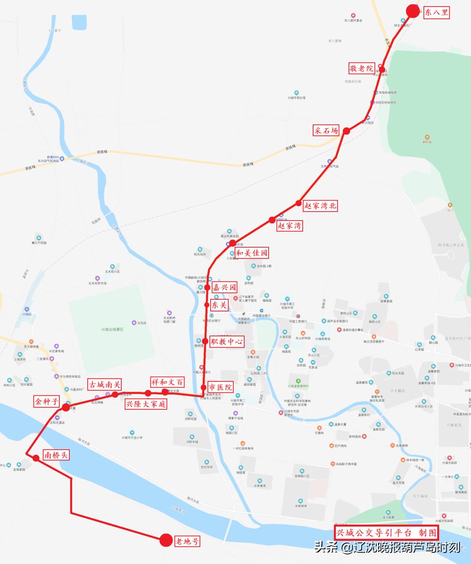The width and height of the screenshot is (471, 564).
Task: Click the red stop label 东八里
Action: point(436,12)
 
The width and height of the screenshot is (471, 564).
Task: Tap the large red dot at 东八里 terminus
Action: point(412,11)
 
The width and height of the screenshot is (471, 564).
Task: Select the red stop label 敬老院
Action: point(362,69)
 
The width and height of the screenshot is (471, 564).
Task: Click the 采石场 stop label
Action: point(326,130)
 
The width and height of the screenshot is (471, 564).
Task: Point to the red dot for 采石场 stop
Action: point(346,131)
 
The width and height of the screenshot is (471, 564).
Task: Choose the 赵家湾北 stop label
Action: point(321,206)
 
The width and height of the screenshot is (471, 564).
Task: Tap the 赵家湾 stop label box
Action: point(289,226)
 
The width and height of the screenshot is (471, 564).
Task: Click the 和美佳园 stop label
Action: point(252,253)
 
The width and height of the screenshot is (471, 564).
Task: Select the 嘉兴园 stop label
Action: point(224,287)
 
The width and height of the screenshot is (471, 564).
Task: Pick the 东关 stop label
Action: point(219,305)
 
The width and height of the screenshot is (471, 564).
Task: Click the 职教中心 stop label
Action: point(226,342)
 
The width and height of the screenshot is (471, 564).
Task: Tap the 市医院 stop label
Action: point(220,387)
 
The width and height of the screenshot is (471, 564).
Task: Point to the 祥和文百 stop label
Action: point(167,382)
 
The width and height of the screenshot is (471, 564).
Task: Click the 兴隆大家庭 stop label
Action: point(146,404)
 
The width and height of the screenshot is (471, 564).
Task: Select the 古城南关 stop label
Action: point(105,384)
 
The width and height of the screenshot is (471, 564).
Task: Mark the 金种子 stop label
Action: point(47,401)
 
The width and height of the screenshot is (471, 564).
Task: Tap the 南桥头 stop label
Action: point(56,455)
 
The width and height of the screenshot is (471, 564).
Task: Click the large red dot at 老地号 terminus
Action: point(166,540)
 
